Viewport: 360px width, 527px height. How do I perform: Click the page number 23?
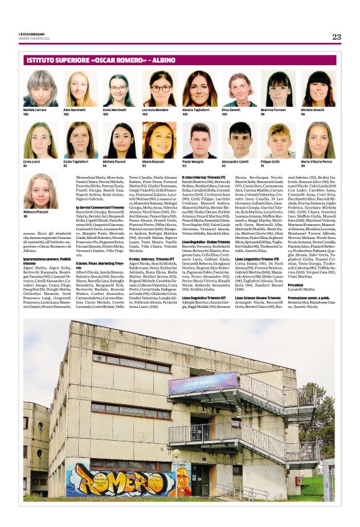[x=336, y=37]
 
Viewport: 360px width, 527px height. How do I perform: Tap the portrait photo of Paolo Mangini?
[x=199, y=140]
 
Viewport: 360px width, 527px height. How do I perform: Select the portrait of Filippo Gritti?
[x=278, y=140]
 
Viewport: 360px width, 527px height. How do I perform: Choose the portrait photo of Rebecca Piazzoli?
[x=41, y=191]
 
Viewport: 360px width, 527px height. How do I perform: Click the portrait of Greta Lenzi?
[x=41, y=140]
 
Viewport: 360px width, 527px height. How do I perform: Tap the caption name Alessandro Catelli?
[x=235, y=162]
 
